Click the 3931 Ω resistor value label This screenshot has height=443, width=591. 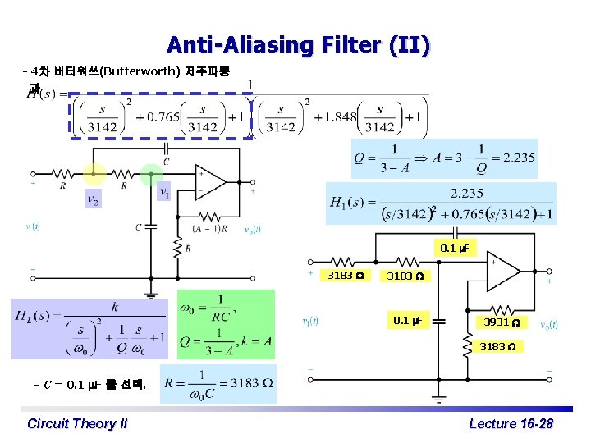pyautogui.click(x=498, y=323)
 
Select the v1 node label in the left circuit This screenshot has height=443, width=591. pyautogui.click(x=165, y=194)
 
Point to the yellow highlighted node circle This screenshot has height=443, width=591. pyautogui.click(x=94, y=173)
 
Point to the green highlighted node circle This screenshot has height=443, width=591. pyautogui.click(x=151, y=173)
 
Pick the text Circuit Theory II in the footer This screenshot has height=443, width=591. pyautogui.click(x=77, y=423)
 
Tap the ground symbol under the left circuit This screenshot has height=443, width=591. pyautogui.click(x=150, y=290)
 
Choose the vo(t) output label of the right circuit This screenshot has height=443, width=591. pyautogui.click(x=549, y=324)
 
